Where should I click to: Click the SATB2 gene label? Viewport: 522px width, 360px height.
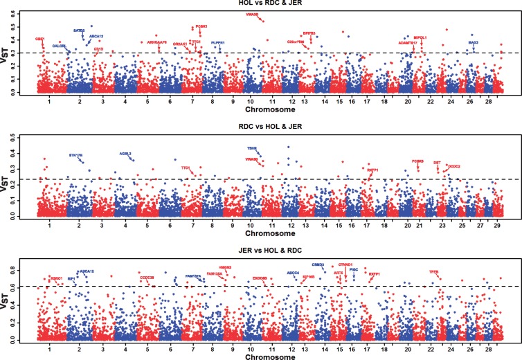click(x=79, y=30)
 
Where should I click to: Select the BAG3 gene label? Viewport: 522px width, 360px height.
click(x=474, y=42)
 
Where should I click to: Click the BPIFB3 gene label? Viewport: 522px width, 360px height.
click(x=309, y=33)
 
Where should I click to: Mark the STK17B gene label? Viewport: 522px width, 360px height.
click(x=76, y=154)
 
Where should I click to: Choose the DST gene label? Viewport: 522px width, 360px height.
click(x=437, y=163)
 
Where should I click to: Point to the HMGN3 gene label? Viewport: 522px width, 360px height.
click(x=224, y=267)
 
